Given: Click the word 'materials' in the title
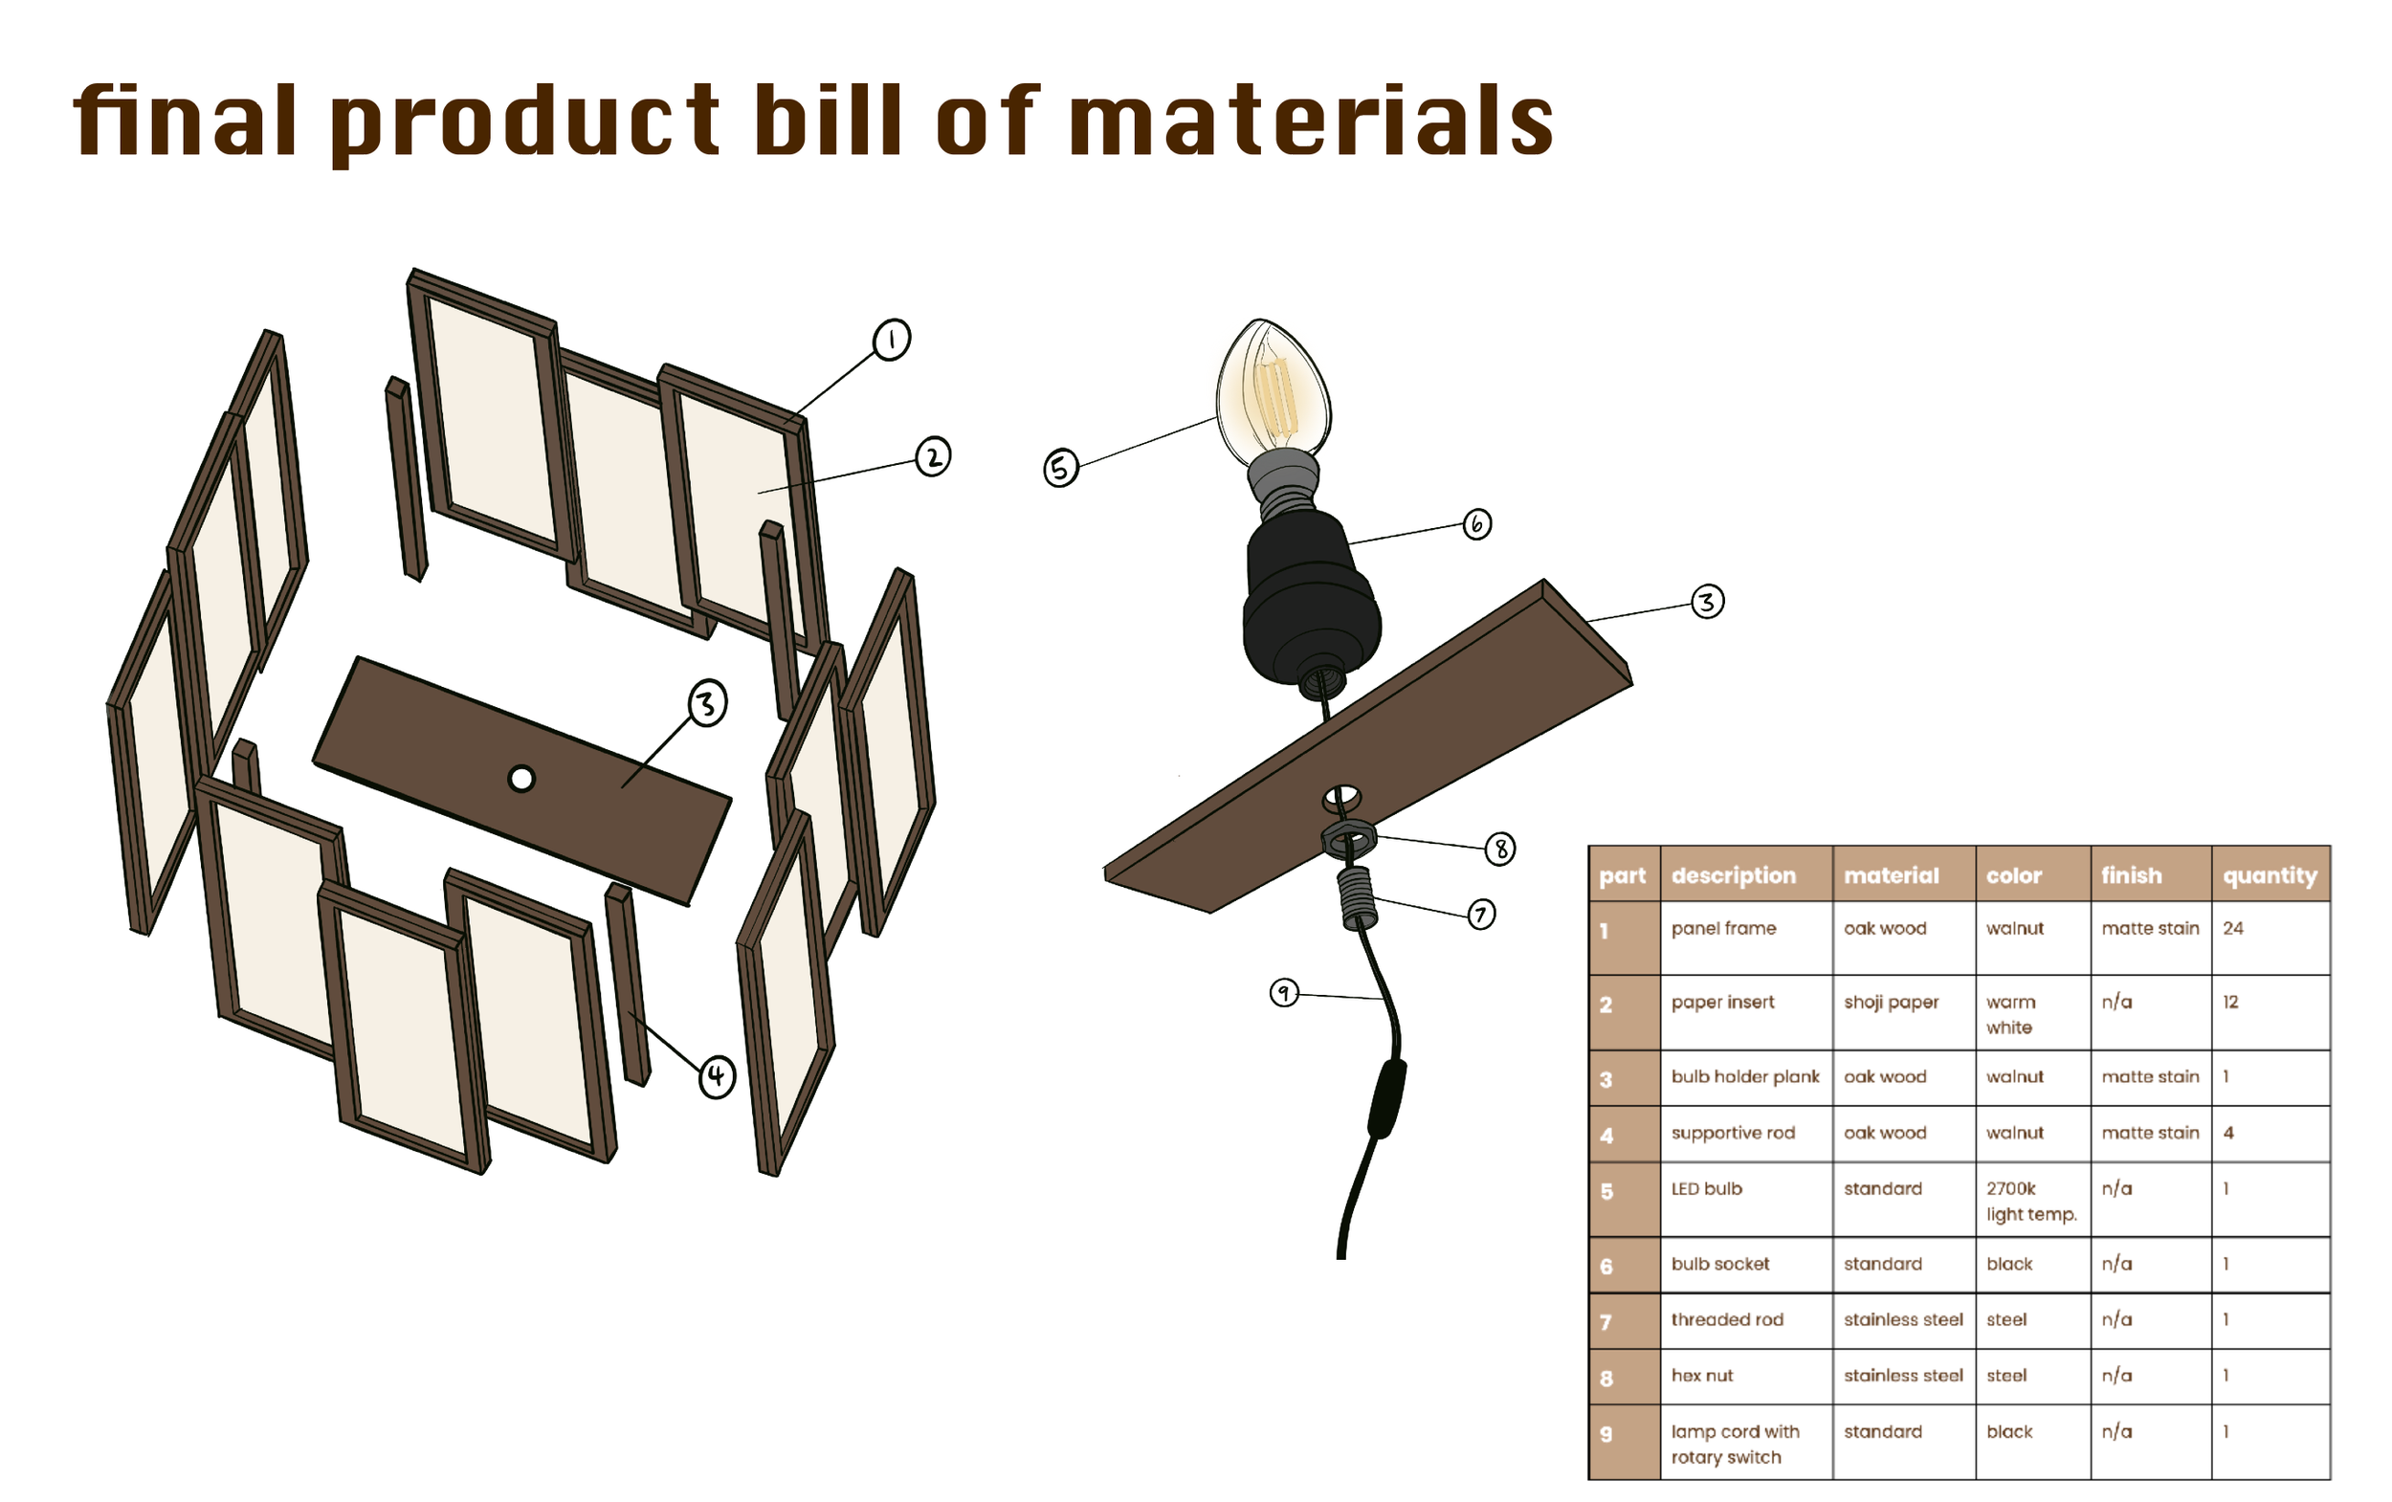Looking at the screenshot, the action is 1310,121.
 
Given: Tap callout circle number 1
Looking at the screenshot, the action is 891,340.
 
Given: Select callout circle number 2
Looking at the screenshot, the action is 932,457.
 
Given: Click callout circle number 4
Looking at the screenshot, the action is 717,1077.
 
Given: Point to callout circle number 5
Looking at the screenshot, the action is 1060,467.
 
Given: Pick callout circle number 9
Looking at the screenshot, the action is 1284,992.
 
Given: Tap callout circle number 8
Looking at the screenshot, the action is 1500,849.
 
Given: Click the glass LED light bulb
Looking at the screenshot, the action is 1274,392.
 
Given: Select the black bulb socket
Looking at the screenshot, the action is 1311,596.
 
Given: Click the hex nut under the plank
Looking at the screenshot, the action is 1348,840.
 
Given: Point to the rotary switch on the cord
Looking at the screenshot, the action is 1386,1097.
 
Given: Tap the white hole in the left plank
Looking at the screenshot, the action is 521,779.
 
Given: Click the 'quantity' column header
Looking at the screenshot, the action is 2269,875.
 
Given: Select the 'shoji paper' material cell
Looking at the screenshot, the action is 1891,1003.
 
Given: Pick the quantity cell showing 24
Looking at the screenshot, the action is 2233,929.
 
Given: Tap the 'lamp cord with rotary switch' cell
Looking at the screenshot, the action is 1735,1445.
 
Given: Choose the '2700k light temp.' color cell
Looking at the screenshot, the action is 2030,1201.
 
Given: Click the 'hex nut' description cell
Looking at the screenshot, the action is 1701,1376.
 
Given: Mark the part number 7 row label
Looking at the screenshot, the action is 1606,1322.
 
